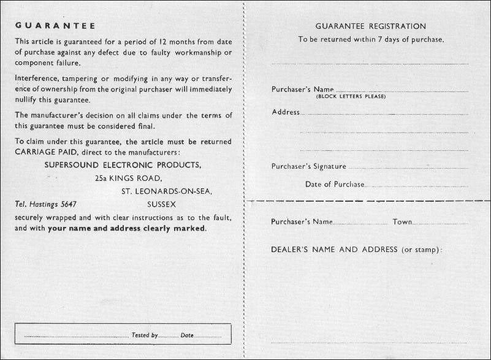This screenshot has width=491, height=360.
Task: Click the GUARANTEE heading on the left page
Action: pos(55,26)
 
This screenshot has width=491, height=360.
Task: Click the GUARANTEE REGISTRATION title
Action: pos(370,26)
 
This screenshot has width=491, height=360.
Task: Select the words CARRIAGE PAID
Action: pos(45,152)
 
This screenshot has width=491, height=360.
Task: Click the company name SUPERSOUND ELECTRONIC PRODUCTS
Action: pos(123,165)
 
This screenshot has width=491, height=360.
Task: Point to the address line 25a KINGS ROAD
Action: pos(128,178)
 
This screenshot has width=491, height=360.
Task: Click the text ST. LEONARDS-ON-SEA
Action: pos(167,191)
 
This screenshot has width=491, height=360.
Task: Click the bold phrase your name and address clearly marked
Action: pos(127,228)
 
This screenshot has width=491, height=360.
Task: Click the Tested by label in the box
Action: pos(145,335)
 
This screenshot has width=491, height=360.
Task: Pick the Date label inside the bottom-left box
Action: pos(187,335)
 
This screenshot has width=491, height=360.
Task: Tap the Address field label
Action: pos(285,112)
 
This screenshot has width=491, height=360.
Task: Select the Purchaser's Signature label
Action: pos(308,166)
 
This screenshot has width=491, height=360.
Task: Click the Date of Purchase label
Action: pos(334,184)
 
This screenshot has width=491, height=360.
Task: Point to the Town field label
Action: pos(402,221)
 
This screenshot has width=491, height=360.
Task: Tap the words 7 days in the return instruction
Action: pos(381,39)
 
